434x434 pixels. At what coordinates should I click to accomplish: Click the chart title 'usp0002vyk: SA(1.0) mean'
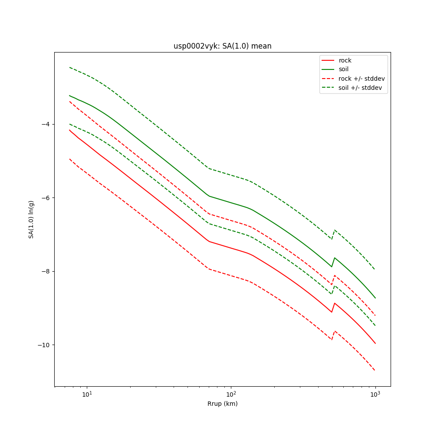[222, 46]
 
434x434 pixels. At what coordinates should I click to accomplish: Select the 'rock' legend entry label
[345, 60]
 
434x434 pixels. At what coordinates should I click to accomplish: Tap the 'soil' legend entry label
[344, 69]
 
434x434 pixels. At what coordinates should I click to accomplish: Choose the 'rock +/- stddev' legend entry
[362, 79]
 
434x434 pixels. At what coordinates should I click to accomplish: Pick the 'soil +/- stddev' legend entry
[360, 88]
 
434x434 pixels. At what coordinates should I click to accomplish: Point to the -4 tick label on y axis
[45, 124]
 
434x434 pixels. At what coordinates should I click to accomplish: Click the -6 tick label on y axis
[45, 198]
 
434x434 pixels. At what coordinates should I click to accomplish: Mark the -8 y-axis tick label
[45, 271]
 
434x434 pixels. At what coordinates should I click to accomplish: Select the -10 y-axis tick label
[43, 345]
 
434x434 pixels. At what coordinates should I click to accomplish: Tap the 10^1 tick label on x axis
[87, 395]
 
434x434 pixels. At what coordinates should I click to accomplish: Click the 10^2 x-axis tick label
[231, 395]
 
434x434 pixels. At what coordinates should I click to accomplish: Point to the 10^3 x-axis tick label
[375, 395]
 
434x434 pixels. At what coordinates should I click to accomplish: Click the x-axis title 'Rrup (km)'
[222, 404]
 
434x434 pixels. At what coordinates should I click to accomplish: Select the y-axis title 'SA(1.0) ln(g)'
[31, 219]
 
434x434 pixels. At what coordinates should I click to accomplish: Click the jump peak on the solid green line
[334, 258]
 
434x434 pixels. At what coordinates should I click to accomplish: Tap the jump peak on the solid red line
[334, 303]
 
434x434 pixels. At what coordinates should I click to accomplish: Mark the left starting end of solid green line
[69, 95]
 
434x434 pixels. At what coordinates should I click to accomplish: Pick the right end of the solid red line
[375, 344]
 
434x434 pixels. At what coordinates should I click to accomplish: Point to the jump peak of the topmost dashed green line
[334, 230]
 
